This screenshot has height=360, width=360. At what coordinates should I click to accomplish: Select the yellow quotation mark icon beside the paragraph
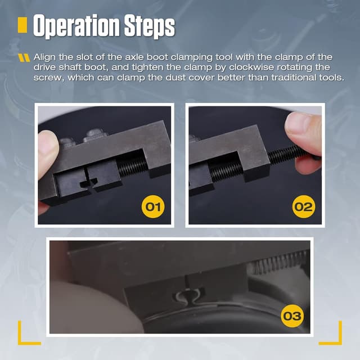24,57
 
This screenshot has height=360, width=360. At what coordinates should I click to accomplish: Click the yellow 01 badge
154,206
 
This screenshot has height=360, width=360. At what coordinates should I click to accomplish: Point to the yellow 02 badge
303,206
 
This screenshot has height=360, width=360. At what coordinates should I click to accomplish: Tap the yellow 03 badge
292,316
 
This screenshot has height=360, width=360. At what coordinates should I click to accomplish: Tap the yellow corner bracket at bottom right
332,335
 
